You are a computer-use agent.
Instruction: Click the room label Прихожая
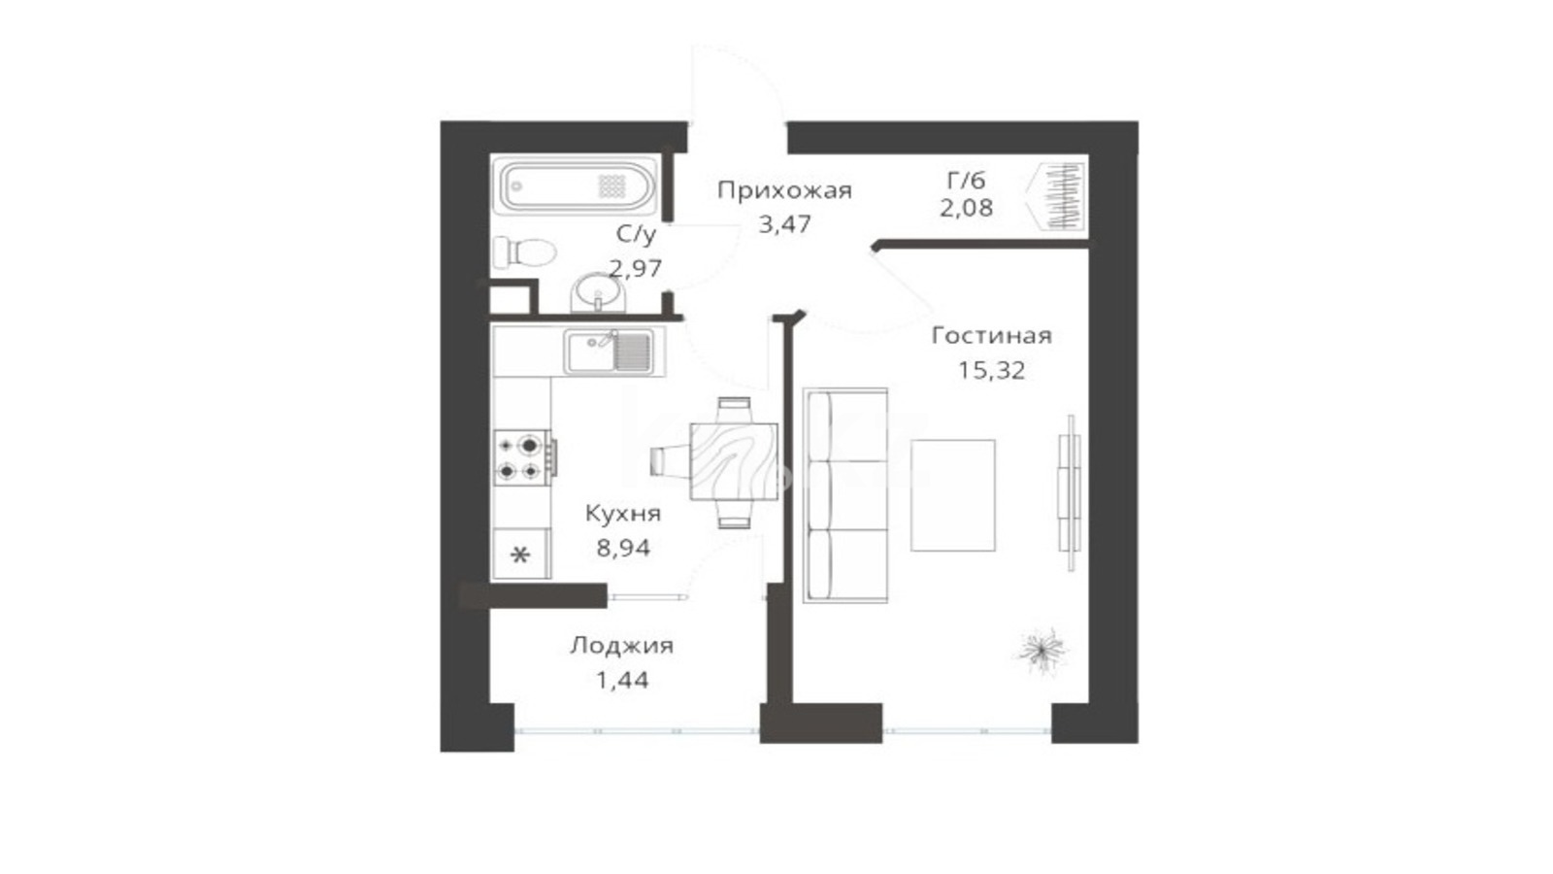tap(784, 190)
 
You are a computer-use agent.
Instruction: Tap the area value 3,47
tap(784, 224)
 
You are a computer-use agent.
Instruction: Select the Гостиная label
tap(991, 336)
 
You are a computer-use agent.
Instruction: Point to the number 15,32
tap(991, 370)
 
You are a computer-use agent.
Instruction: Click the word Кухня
tap(623, 514)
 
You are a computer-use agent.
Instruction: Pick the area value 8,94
tap(623, 549)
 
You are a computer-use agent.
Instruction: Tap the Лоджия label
tap(622, 646)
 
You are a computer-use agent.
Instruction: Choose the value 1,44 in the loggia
tap(622, 681)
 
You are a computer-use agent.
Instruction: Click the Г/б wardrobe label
tap(966, 181)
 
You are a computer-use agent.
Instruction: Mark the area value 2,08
tap(966, 208)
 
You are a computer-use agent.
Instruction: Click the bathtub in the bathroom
tap(577, 185)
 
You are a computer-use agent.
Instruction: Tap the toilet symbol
tap(524, 252)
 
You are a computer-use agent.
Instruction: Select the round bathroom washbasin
tap(598, 292)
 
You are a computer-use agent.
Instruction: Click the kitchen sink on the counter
tap(609, 352)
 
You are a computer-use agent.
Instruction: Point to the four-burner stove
tap(524, 457)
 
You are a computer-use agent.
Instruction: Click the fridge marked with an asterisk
tap(521, 554)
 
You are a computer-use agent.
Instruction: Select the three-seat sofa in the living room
tap(845, 495)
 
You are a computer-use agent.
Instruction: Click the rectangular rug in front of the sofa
tap(952, 495)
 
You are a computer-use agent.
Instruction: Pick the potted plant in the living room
tap(1041, 650)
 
